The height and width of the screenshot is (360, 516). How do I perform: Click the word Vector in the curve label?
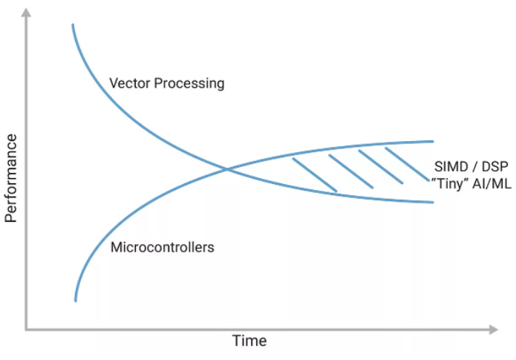click(x=128, y=83)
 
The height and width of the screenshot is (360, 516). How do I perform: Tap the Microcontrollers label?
click(x=162, y=247)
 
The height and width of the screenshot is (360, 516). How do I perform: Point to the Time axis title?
click(x=249, y=341)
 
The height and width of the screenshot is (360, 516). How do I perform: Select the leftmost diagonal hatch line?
click(x=315, y=175)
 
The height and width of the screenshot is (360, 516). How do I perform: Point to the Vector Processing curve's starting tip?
click(x=73, y=25)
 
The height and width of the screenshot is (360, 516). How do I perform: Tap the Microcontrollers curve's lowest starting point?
click(x=76, y=300)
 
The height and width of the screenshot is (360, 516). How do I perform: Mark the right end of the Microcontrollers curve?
click(x=432, y=141)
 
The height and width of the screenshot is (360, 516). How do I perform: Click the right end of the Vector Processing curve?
click(x=432, y=202)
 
